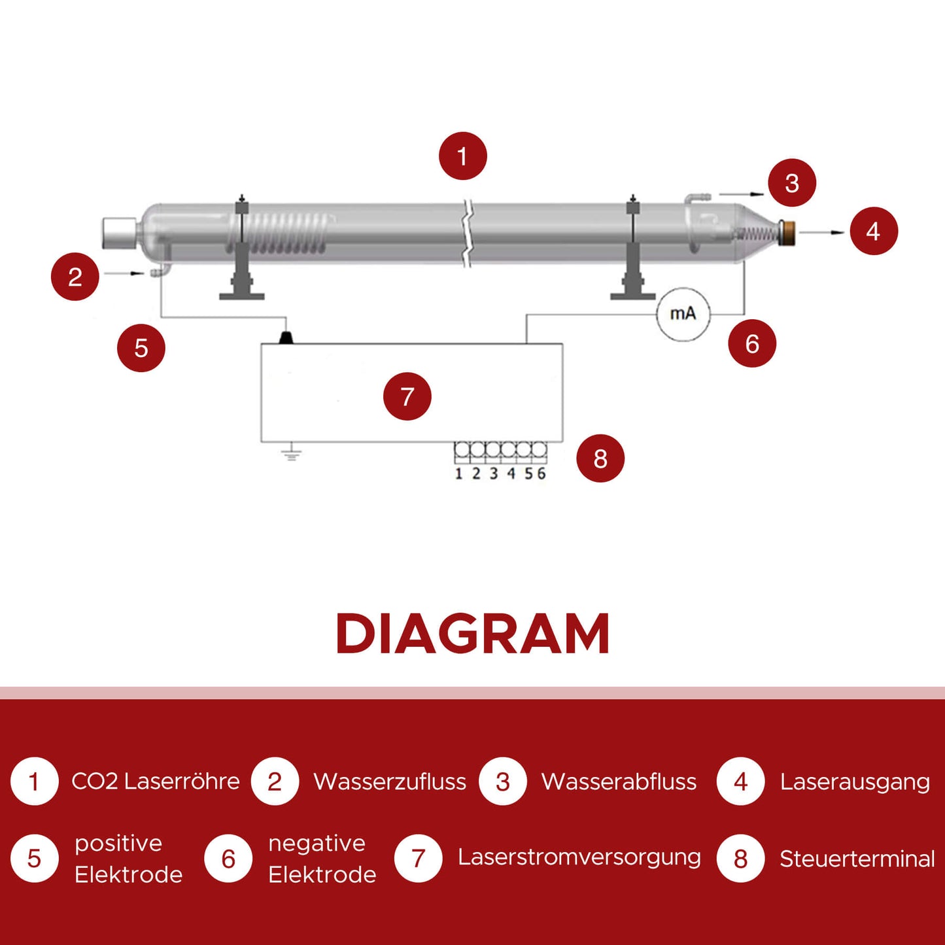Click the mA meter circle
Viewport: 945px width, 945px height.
point(683,315)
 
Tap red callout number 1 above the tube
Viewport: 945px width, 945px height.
point(462,156)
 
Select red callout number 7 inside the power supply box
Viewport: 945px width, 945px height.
point(407,396)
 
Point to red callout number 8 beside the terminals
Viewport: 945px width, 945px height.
point(600,458)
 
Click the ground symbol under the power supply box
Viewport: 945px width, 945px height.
point(292,453)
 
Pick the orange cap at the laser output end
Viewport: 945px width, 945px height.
point(789,232)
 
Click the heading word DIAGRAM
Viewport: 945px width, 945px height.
point(472,634)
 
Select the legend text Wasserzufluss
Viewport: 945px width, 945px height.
point(390,782)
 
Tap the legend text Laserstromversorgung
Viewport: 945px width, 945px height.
point(579,857)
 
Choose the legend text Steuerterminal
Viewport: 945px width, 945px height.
point(857,859)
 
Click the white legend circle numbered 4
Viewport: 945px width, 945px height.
point(740,782)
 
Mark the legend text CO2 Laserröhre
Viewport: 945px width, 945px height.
point(155,782)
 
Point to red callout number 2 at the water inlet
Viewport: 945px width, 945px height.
point(75,277)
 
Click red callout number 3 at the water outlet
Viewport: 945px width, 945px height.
point(791,183)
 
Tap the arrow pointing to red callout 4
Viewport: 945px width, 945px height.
point(822,232)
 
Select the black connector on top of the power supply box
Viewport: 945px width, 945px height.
point(286,337)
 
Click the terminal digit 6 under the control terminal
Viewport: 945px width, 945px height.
point(541,473)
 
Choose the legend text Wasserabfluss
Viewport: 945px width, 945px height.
point(619,782)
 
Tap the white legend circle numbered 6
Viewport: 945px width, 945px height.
point(228,859)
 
